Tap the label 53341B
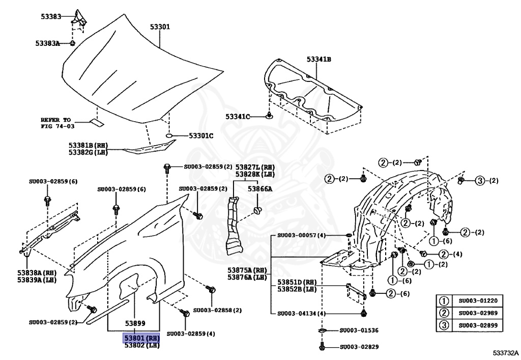pos(319,60)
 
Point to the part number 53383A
pos(47,44)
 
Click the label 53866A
pos(260,188)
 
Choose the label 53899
pos(135,323)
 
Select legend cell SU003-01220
pos(478,300)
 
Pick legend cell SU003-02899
pos(478,326)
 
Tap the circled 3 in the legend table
pos(444,326)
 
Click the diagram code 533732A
pos(505,352)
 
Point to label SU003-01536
pos(359,330)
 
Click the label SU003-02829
pos(359,347)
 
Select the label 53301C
pos(201,136)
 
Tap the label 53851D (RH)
pos(297,282)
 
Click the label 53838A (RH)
pos(36,273)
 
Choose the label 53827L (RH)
pos(255,167)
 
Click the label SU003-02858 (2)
pos(217,310)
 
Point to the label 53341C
pos(239,117)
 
